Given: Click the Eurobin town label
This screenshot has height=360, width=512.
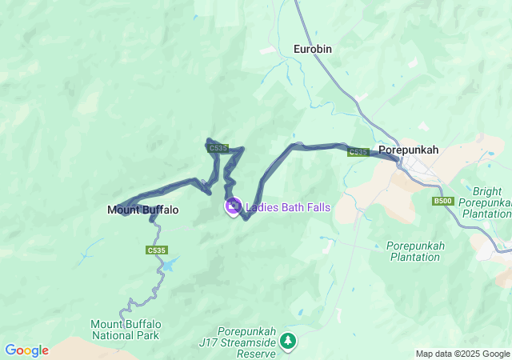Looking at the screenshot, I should tap(312, 49).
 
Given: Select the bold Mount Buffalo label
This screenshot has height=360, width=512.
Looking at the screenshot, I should tap(142, 210).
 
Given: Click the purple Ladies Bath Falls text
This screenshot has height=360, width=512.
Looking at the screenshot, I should tap(288, 207).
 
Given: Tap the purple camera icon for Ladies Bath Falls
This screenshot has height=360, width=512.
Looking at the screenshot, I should tap(234, 206).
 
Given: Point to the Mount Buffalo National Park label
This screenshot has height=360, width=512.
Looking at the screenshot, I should tap(126, 329).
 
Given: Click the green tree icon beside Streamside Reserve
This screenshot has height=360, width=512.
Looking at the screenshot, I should tap(288, 342).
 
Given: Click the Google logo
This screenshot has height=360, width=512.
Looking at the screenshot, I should tap(26, 350).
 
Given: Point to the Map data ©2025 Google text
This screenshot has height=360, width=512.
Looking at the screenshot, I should tap(462, 354).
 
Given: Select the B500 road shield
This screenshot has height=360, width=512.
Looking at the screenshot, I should tap(442, 201).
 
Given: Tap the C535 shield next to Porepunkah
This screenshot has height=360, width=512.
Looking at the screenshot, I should tap(358, 152).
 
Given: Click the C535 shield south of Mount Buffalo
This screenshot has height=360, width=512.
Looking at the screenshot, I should tap(157, 250).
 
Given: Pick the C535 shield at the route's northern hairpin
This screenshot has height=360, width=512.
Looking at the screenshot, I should tap(218, 148).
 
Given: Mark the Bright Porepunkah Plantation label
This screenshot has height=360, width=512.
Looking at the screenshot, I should tap(486, 203).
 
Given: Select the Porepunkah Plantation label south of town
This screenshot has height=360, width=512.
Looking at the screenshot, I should tap(414, 251).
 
